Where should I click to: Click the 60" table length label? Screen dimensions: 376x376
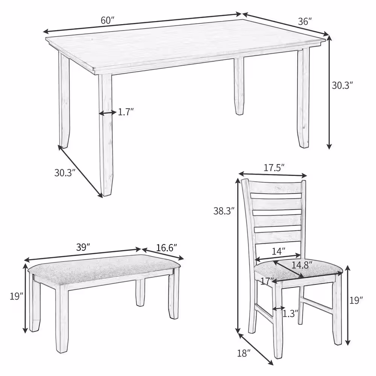click(x=108, y=21)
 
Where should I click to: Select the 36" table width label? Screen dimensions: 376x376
click(x=305, y=22)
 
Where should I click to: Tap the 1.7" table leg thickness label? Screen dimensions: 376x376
click(x=126, y=112)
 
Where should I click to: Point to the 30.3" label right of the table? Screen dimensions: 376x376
click(x=342, y=85)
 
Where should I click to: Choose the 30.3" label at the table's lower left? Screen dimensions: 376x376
click(x=65, y=173)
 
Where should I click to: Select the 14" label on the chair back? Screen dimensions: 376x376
click(x=279, y=250)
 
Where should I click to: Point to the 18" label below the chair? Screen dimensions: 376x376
click(x=244, y=353)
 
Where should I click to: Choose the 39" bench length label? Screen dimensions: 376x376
click(x=83, y=247)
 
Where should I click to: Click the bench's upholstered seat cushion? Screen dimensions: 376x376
click(x=102, y=267)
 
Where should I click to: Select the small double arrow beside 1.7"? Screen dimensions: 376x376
click(x=108, y=112)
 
